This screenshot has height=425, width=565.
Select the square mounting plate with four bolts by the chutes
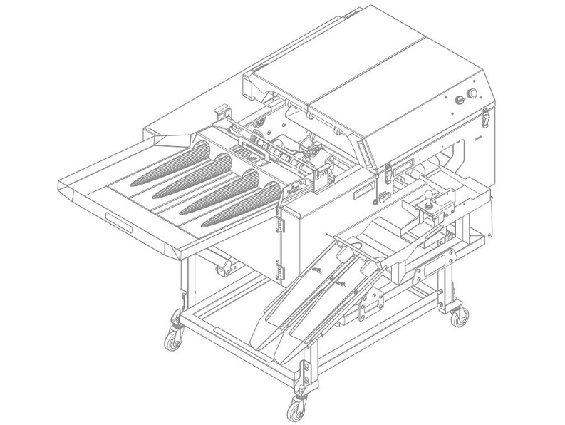[x=371, y=307]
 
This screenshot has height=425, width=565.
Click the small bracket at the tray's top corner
[x=222, y=112]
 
